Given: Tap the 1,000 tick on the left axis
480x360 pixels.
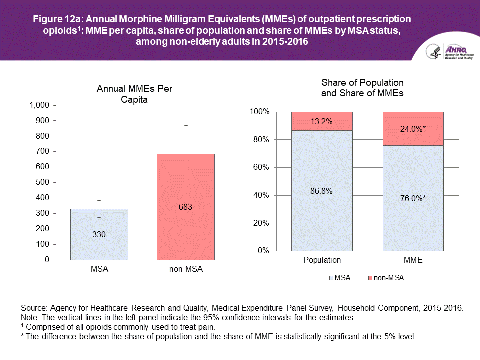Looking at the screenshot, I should coord(40,105).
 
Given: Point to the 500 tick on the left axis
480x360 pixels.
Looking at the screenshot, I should coord(43,182).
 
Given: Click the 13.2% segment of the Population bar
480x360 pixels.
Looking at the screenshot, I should coord(322,121).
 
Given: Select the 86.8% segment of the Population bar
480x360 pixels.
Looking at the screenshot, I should coord(322,190).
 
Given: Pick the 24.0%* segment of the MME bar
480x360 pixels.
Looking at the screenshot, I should coord(413,129).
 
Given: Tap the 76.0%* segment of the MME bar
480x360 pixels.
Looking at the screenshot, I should coord(413,198).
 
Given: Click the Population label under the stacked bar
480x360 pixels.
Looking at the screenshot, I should coord(322,260).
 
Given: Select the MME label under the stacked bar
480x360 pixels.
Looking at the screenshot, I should coord(413,260).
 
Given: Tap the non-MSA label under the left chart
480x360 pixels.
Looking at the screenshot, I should coord(185,269).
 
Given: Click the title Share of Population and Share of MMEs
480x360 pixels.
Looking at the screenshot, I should coord(362,87).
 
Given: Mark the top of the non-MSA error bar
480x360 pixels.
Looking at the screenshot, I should coord(185,126).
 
